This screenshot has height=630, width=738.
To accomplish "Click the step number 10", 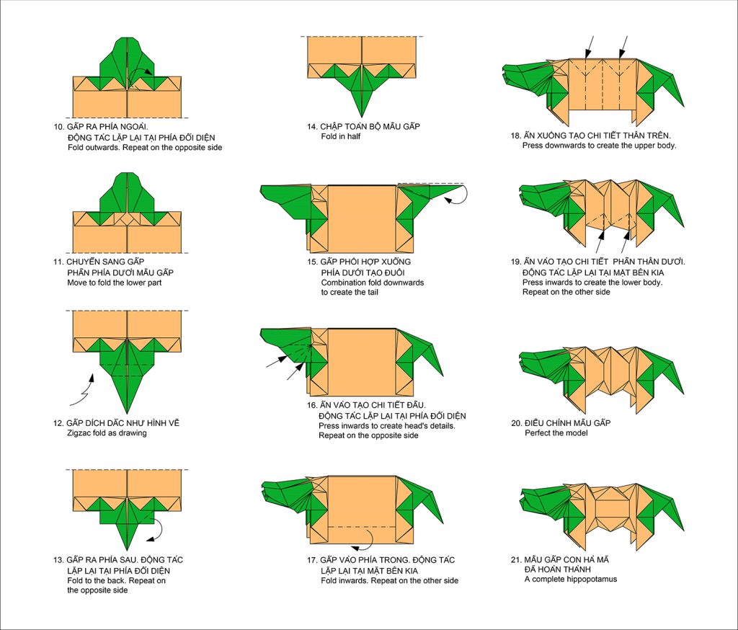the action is click(58, 127).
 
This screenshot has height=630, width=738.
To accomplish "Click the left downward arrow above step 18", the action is click(589, 47).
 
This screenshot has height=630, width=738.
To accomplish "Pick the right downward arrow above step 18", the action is click(623, 47).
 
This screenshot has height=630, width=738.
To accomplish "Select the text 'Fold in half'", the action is click(341, 136).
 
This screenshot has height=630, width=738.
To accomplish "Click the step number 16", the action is click(312, 405).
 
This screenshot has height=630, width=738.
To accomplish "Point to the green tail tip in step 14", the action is click(362, 115).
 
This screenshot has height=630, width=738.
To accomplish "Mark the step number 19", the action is click(516, 262).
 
